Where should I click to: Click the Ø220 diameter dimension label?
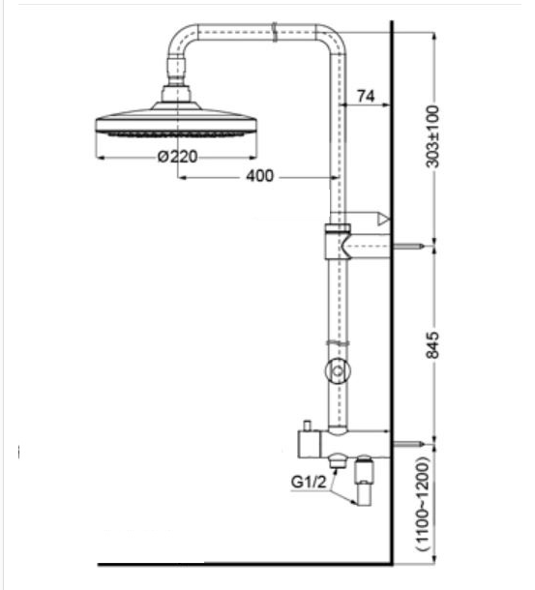click(x=178, y=156)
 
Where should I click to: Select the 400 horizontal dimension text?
click(x=260, y=176)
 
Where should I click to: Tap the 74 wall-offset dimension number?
click(x=366, y=96)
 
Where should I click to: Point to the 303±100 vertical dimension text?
click(x=432, y=136)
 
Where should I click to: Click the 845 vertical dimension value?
click(x=432, y=345)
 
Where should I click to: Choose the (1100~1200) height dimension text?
click(x=423, y=504)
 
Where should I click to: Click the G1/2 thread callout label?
click(x=309, y=482)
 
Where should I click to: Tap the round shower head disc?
click(x=176, y=122)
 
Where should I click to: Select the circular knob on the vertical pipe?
click(x=338, y=371)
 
